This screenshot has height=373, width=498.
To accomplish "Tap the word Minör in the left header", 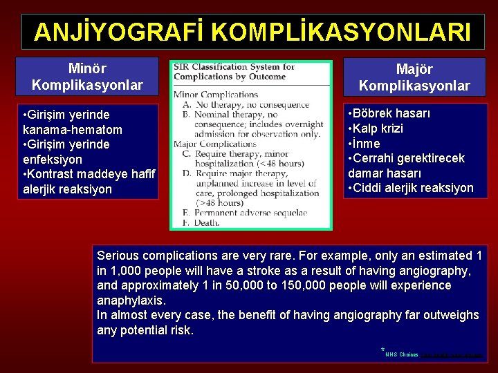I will [86, 69].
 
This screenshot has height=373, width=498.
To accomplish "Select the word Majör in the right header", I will [414, 70].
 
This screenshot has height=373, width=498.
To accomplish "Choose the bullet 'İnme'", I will [366, 144].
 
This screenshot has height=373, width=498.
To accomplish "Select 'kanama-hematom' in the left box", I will [73, 129].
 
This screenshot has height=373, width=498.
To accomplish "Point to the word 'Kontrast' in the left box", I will [55, 174].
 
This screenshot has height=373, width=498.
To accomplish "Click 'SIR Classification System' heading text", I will [234, 68].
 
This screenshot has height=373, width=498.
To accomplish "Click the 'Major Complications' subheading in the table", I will [215, 144].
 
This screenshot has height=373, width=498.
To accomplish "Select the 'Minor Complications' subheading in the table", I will [215, 95].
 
